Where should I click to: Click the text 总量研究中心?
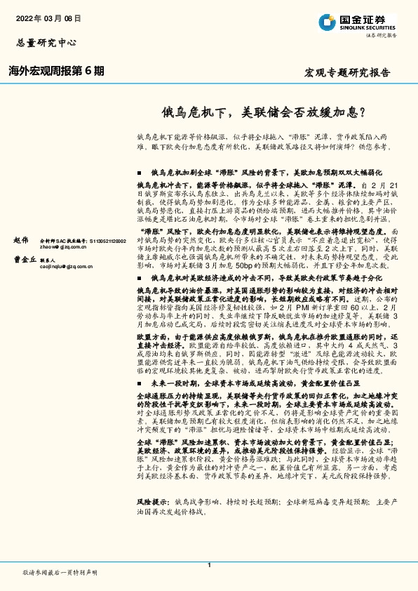44,42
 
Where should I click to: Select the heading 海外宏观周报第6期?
56,71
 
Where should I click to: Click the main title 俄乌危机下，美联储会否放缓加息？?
264,111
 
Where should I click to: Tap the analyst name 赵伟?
21,240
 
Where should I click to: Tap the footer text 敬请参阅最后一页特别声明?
60,573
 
